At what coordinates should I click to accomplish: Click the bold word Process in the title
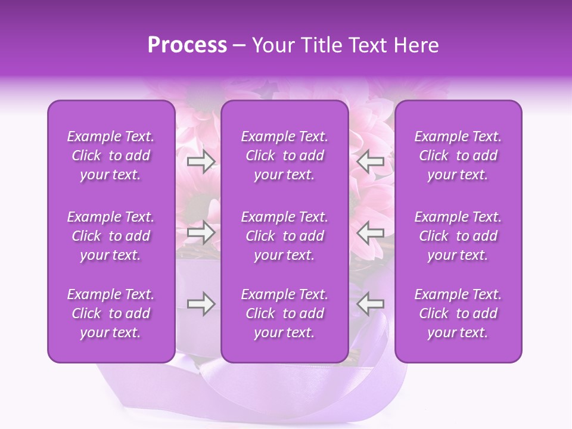[187, 45]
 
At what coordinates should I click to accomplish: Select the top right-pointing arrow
[201, 161]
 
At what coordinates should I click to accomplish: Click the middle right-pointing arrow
[201, 232]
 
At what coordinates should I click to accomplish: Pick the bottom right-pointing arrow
[201, 304]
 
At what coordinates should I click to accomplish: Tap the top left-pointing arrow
[371, 161]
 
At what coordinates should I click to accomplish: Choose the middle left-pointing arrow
[371, 232]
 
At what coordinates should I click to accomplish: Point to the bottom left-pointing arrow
[371, 304]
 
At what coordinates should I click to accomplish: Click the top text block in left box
[111, 156]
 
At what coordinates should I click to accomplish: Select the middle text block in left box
[111, 236]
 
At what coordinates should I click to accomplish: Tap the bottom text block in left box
[111, 313]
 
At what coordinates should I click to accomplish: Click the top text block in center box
[285, 156]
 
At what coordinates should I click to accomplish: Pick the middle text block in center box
[285, 236]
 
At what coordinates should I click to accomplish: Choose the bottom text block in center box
[285, 313]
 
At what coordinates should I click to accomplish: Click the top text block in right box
[458, 156]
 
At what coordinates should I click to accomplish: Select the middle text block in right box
[458, 236]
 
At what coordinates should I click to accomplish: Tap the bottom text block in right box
[458, 313]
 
